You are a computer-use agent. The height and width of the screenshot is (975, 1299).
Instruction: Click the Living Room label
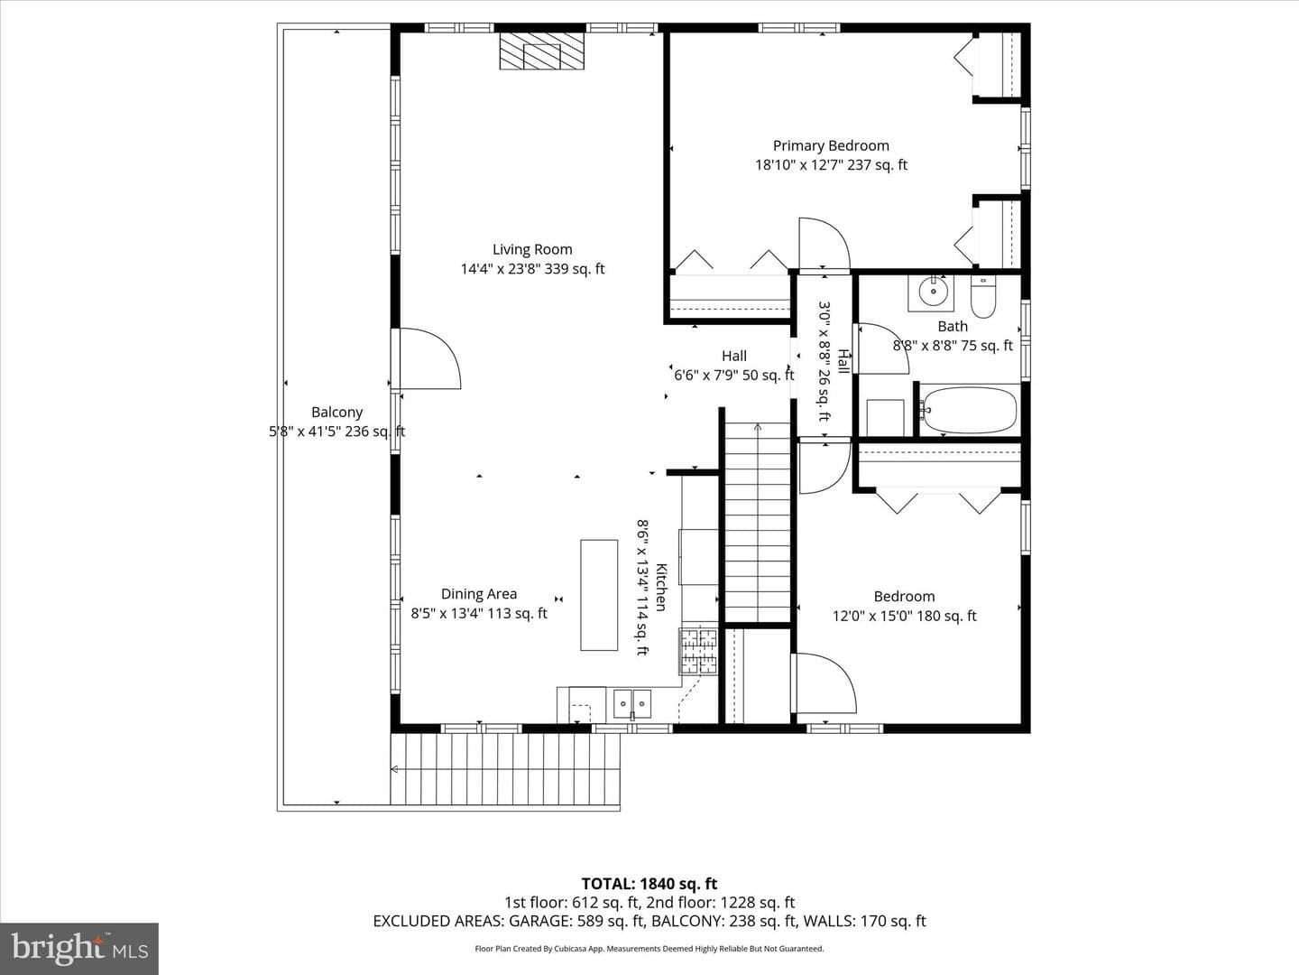pyautogui.click(x=532, y=250)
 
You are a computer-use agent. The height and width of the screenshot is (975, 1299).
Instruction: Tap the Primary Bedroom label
pyautogui.click(x=831, y=145)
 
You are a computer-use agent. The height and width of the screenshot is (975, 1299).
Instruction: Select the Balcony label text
pyautogui.click(x=336, y=412)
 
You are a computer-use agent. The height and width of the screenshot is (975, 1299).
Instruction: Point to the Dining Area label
pyautogui.click(x=479, y=594)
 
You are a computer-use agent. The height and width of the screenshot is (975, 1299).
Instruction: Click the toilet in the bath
pyautogui.click(x=983, y=297)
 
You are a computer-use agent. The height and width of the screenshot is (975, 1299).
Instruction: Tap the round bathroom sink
pyautogui.click(x=934, y=292)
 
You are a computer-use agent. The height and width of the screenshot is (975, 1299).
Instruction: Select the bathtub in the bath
pyautogui.click(x=969, y=410)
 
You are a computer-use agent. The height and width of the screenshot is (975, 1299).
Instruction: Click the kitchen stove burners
pyautogui.click(x=698, y=651)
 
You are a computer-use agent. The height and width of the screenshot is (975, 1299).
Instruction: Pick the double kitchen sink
pyautogui.click(x=632, y=703)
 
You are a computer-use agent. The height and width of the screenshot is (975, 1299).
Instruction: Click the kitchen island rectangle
pyautogui.click(x=599, y=595)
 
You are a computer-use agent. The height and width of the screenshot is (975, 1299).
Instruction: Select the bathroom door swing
pyautogui.click(x=882, y=348)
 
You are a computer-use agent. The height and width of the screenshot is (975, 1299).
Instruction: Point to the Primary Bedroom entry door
pyautogui.click(x=825, y=244)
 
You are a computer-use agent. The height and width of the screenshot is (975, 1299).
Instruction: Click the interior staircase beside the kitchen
pyautogui.click(x=758, y=522)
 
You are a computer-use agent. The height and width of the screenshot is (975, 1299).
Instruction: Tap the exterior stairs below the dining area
pyautogui.click(x=505, y=769)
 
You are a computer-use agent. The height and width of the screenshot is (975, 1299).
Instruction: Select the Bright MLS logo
pyautogui.click(x=80, y=948)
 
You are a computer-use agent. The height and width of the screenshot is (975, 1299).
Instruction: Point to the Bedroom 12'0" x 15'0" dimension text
pyautogui.click(x=904, y=617)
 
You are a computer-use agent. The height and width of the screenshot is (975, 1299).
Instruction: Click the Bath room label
pyautogui.click(x=953, y=326)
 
